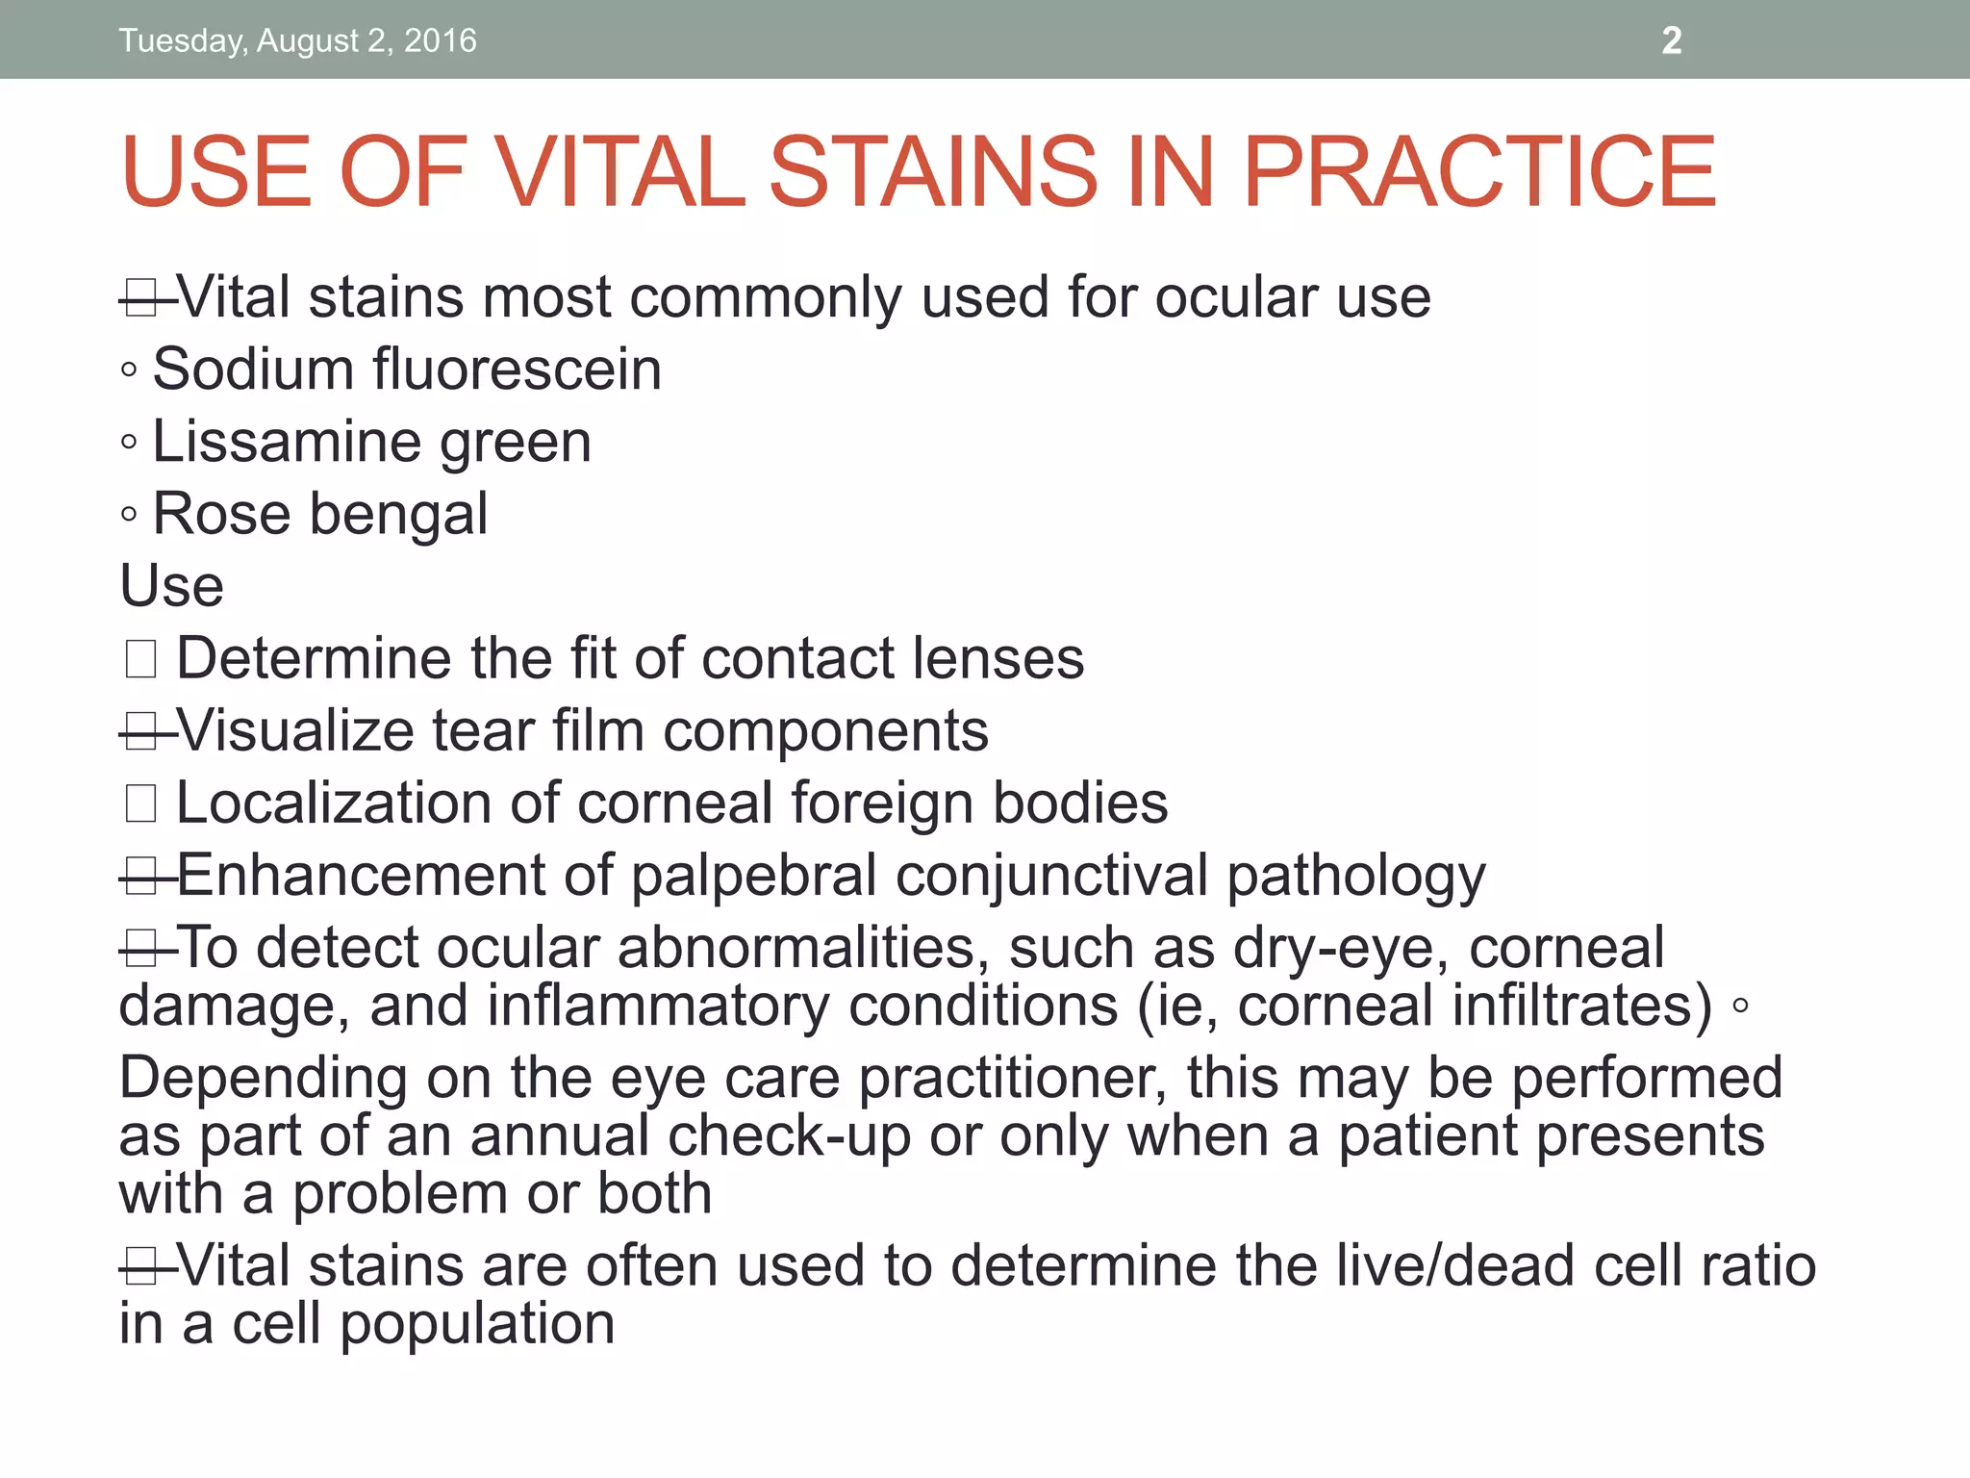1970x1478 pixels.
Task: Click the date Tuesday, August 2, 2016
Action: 297,40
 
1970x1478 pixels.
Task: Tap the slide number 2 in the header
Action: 1672,40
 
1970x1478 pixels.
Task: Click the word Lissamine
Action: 287,442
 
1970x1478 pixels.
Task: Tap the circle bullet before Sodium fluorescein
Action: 129,370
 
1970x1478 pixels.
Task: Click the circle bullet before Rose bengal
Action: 129,515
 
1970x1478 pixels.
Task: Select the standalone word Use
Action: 171,586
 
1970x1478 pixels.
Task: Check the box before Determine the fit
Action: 140,659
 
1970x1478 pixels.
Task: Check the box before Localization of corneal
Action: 140,803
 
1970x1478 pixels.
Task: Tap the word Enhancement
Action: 360,875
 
